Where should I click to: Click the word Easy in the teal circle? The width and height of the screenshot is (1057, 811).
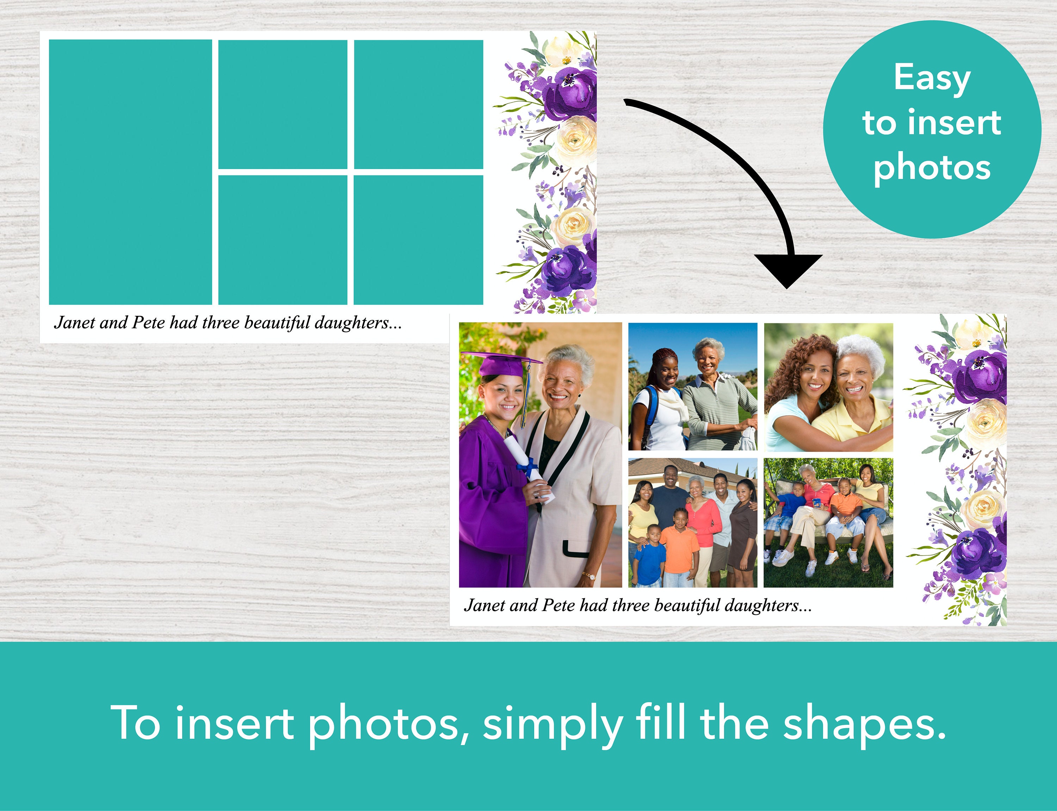coord(932,78)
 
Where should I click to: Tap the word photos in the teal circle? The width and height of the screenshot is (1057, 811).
coord(932,168)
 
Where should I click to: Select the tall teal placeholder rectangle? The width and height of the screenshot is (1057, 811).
coord(130,172)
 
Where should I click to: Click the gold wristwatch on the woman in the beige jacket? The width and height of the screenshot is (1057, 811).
coord(589,575)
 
